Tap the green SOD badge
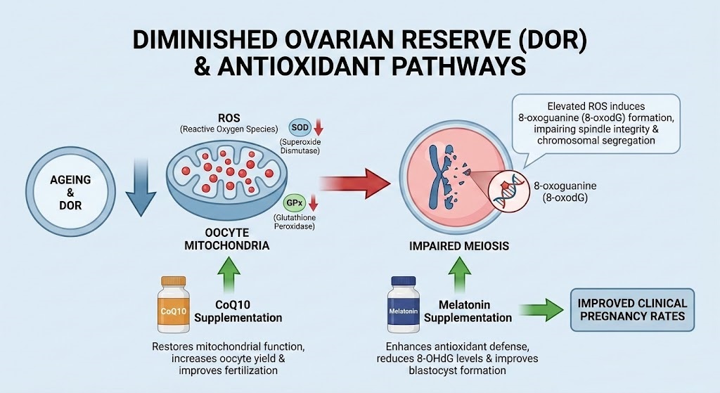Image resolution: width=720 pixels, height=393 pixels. pyautogui.click(x=298, y=126)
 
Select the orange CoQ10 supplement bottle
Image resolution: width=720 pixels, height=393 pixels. pyautogui.click(x=172, y=307)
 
